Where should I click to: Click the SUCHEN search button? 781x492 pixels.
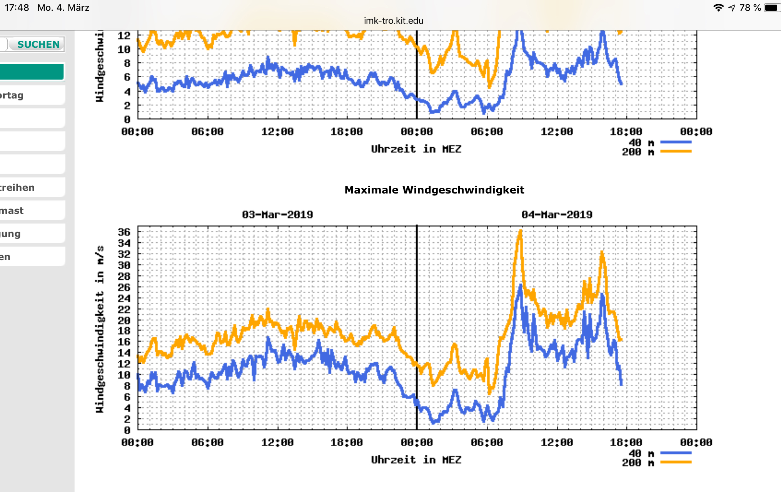(38, 44)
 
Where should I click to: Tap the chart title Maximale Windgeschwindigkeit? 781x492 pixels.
(434, 190)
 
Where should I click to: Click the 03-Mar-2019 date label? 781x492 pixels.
(277, 215)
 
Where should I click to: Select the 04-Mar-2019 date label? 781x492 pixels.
(557, 215)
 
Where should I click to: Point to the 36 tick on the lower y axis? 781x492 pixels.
(124, 232)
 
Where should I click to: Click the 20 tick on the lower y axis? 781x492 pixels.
(124, 320)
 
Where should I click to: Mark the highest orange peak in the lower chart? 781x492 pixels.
(520, 231)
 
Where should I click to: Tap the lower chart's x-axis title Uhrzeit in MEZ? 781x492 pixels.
(416, 460)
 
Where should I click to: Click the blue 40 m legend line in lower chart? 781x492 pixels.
(676, 453)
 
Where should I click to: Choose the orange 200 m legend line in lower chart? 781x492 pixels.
(676, 462)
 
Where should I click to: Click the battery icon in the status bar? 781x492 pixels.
(771, 8)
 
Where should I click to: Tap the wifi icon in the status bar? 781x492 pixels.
(718, 8)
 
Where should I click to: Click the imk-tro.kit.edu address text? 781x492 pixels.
(393, 21)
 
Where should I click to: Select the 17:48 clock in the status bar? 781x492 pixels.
(17, 8)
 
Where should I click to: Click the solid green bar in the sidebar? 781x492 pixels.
(32, 72)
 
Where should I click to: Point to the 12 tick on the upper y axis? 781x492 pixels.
(124, 35)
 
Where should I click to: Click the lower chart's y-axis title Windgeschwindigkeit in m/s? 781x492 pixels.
(100, 329)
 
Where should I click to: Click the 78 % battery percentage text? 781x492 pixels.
(750, 8)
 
